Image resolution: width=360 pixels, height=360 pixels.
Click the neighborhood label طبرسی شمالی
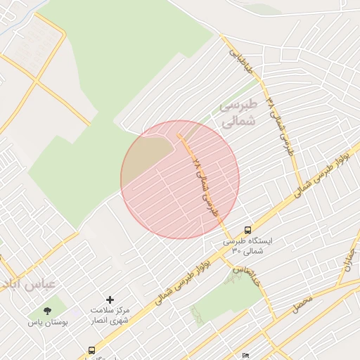coord(239,113)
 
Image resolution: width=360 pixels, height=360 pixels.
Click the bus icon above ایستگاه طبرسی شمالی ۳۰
coord(247,229)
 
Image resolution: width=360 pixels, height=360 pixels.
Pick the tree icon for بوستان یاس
coord(47,309)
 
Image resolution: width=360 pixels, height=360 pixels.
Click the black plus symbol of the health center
coord(109,300)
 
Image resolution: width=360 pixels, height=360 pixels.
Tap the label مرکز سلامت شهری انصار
coord(110,315)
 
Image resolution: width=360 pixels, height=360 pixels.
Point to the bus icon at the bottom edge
coord(91,350)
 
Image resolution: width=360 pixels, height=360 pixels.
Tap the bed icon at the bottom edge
coord(245,356)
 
